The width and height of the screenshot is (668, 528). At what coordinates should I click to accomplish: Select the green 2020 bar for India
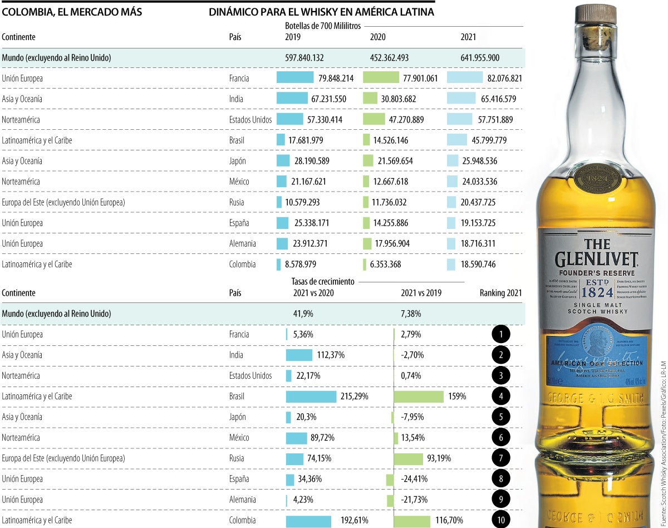click(370, 99)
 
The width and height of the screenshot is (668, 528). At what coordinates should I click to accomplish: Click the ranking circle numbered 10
click(501, 520)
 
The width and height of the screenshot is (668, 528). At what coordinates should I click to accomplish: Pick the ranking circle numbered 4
click(501, 397)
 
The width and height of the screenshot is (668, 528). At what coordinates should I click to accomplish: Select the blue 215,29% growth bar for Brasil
click(311, 397)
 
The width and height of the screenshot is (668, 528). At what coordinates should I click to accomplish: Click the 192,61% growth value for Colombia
click(352, 520)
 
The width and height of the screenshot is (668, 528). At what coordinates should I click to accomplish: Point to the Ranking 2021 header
click(500, 293)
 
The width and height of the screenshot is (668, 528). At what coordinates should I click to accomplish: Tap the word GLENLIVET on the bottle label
click(596, 260)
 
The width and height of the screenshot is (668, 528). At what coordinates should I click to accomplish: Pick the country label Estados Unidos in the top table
click(250, 120)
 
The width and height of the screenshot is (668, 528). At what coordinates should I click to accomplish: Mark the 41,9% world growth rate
click(303, 314)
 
